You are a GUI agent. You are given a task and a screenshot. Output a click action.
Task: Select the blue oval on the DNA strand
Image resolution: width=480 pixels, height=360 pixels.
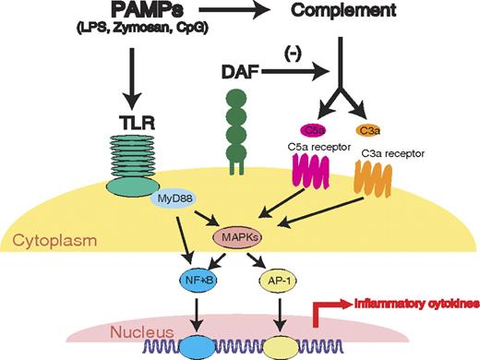point(198,344)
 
